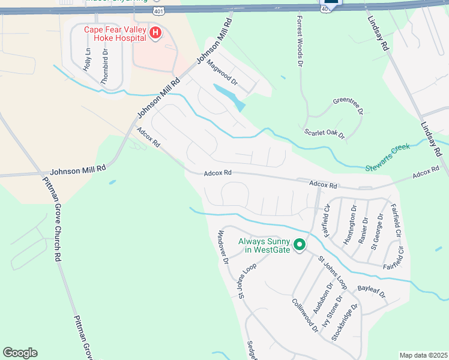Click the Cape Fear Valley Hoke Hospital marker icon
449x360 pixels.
pos(155,32)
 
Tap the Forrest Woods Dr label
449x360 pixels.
pos(299,41)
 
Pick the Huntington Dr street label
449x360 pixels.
pos(350,221)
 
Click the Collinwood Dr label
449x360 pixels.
pos(305,316)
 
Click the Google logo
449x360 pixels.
pos(20,353)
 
